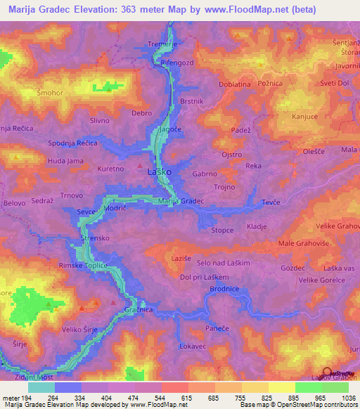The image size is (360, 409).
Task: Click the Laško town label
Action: click(x=156, y=171)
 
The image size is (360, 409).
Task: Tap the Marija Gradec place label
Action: click(x=181, y=201)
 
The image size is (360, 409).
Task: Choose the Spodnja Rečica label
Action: click(x=72, y=143)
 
